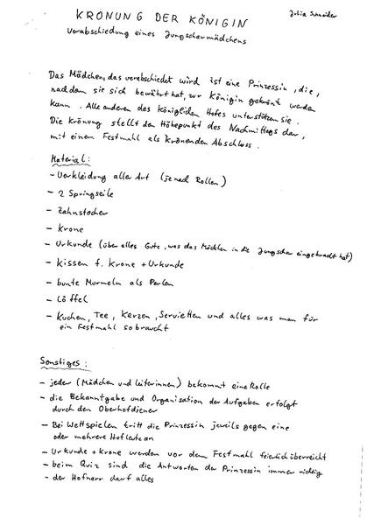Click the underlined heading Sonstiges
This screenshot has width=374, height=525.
click(73, 360)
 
